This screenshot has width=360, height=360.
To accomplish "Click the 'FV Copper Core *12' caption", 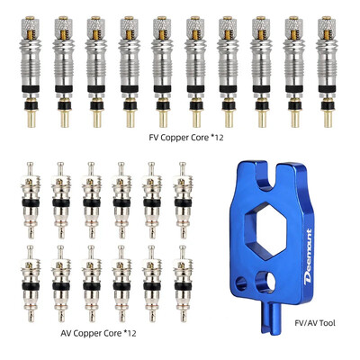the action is point(186,138).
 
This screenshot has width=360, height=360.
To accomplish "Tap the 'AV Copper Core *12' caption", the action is point(98,333).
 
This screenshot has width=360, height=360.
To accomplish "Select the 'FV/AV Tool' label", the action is point(314,323).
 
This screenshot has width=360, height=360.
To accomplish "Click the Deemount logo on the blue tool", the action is point(308,256).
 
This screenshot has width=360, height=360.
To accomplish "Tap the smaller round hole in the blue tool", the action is point(241,283).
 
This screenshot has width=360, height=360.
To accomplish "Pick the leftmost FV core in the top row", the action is point(31,72).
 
